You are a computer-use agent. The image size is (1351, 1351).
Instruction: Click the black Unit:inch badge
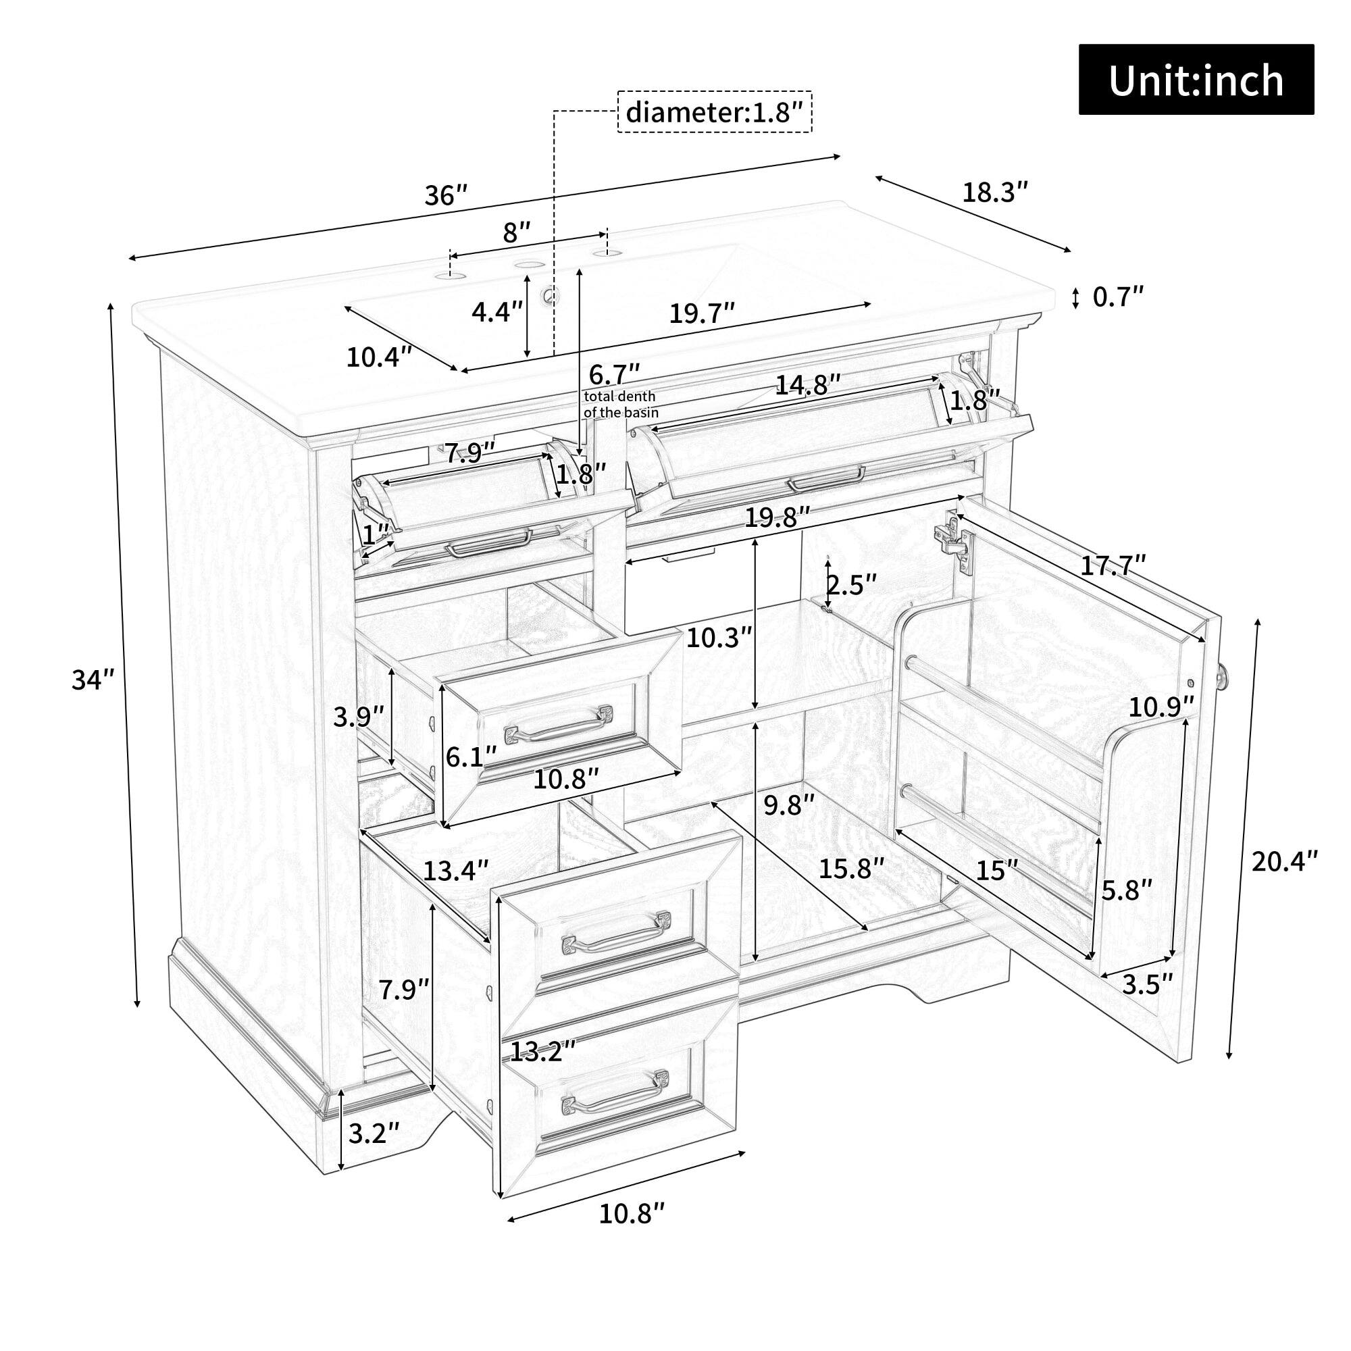point(1196,80)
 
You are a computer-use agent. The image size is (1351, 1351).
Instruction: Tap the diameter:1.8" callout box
point(714,112)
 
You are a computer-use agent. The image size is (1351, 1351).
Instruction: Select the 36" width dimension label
point(445,195)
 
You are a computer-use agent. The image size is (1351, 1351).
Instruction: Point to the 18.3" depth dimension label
point(996,192)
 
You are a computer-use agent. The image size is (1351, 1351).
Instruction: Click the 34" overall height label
point(93,679)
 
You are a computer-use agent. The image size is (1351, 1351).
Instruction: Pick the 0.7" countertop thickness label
point(1118,297)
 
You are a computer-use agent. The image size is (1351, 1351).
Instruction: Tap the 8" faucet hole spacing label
point(517,232)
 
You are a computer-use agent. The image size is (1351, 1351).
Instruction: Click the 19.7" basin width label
point(702,314)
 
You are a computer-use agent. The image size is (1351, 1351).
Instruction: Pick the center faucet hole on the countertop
point(528,265)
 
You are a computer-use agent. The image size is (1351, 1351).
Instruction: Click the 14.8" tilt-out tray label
point(808,384)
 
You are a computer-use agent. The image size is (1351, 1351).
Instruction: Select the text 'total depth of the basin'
point(621,404)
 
